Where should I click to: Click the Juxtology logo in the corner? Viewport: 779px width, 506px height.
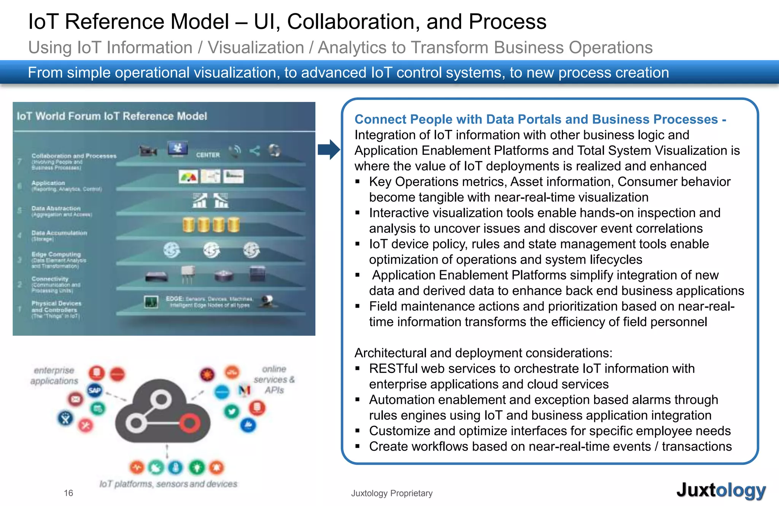click(720, 490)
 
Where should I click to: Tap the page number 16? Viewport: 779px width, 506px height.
click(68, 493)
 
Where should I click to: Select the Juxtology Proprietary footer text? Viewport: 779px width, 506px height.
click(392, 493)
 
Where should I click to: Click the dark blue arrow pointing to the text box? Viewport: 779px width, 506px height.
click(329, 149)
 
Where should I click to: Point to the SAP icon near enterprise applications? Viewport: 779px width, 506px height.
click(95, 390)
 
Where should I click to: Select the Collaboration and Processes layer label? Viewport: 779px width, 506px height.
click(74, 156)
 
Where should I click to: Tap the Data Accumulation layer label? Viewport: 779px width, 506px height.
click(59, 233)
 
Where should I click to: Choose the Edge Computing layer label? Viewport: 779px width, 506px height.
click(56, 254)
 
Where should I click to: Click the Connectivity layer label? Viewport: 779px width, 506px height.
click(50, 279)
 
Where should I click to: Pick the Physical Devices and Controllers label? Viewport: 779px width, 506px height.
click(56, 306)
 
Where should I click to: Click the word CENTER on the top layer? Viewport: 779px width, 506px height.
click(208, 155)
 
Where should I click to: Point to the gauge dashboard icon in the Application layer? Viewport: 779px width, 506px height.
click(188, 177)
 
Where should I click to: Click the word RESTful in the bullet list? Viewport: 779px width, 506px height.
click(393, 368)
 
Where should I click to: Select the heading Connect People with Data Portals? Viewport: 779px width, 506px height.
click(540, 119)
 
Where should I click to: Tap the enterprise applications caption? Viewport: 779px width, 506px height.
click(54, 376)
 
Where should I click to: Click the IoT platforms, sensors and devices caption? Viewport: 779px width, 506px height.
click(168, 484)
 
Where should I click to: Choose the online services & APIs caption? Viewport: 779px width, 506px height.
click(274, 379)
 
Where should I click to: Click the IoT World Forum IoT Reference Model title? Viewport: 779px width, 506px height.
click(112, 116)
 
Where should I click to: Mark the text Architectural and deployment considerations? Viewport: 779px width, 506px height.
click(483, 353)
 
